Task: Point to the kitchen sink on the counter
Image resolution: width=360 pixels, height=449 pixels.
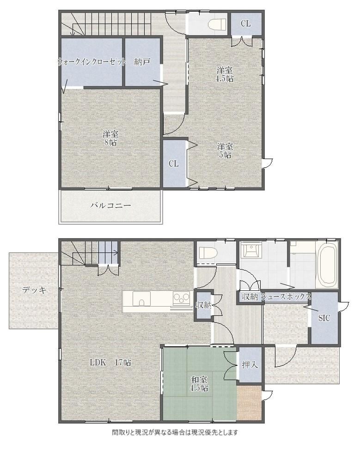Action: click(141, 300)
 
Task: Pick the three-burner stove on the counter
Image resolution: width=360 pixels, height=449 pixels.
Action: click(182, 298)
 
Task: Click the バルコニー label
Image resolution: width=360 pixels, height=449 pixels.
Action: click(111, 206)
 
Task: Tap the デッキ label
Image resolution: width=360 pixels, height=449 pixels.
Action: click(34, 290)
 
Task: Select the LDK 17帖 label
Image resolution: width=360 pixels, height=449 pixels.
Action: click(110, 363)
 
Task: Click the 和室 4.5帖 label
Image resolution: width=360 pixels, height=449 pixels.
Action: click(200, 384)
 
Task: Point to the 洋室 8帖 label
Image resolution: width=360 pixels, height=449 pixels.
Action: click(110, 138)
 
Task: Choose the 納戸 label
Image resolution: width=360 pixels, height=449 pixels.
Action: click(142, 62)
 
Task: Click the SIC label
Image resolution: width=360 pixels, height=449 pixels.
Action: click(324, 318)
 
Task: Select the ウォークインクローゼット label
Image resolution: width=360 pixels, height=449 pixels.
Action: click(92, 62)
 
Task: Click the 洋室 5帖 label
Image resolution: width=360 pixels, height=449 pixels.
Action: click(225, 151)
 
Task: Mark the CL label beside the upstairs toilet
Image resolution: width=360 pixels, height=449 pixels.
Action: click(245, 24)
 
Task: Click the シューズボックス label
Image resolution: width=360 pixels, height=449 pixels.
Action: click(286, 296)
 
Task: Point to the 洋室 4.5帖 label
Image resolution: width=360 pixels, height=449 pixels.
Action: click(224, 74)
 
